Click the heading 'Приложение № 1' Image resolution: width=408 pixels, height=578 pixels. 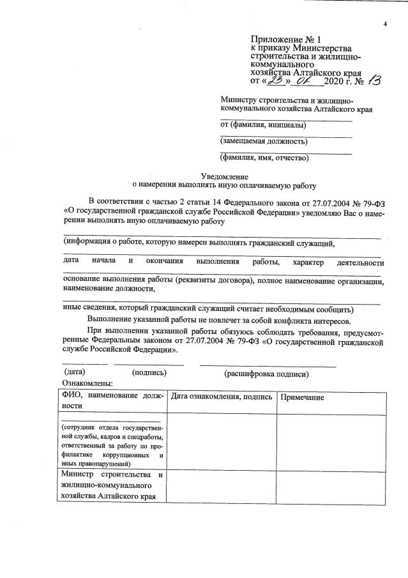(279, 40)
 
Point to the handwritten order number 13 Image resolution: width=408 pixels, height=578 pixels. (374, 80)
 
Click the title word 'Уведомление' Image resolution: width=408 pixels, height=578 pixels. (224, 176)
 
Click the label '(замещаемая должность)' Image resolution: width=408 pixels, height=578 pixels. (263, 141)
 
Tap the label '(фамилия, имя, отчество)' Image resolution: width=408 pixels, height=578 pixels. (264, 157)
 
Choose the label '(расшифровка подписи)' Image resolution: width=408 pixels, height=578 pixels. (266, 373)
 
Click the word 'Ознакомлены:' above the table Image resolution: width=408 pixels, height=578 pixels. (87, 383)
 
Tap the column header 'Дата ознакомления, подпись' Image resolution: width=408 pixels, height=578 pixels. (221, 397)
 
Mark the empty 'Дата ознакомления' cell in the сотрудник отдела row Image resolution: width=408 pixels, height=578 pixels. (222, 441)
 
